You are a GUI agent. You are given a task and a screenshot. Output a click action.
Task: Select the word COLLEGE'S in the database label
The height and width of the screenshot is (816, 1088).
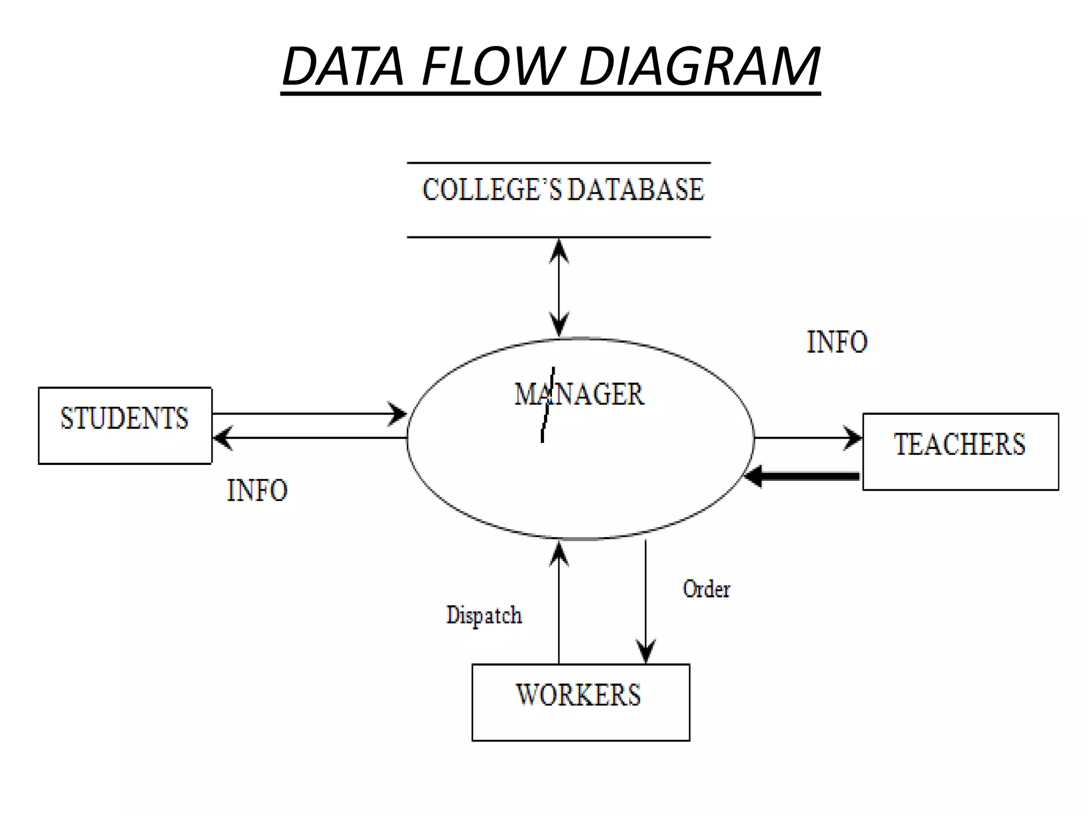point(491,190)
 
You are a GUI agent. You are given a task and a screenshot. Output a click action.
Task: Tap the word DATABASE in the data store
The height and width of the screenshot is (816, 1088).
point(635,190)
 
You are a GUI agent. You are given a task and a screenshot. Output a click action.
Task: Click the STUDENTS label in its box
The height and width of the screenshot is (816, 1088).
point(124,418)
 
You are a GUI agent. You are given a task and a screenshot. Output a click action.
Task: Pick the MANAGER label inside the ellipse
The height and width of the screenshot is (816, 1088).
point(580,395)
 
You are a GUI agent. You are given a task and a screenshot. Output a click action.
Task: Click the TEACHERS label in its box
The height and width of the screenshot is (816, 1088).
point(959,445)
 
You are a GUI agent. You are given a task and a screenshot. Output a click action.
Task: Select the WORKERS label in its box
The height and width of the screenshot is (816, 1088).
point(579,695)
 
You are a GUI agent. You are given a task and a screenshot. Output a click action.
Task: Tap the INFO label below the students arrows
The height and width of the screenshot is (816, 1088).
point(257,490)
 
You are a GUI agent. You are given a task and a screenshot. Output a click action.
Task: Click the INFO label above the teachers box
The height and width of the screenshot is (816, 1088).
point(837,342)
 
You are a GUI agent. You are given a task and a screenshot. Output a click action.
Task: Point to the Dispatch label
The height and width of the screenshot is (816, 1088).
point(484,616)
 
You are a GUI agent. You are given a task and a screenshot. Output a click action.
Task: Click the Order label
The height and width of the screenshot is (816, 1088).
point(706,589)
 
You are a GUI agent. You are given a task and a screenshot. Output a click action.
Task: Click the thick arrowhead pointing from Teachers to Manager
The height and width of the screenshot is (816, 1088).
point(753,476)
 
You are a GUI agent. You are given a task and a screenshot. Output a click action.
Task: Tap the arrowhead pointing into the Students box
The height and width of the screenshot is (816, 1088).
point(222,438)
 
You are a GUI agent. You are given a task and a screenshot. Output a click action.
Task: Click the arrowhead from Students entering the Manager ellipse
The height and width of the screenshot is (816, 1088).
point(398,414)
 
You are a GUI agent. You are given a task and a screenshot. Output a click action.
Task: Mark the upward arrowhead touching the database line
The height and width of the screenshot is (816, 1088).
point(559,250)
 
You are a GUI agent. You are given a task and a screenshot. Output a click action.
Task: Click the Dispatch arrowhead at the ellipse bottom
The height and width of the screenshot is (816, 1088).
point(559,552)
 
